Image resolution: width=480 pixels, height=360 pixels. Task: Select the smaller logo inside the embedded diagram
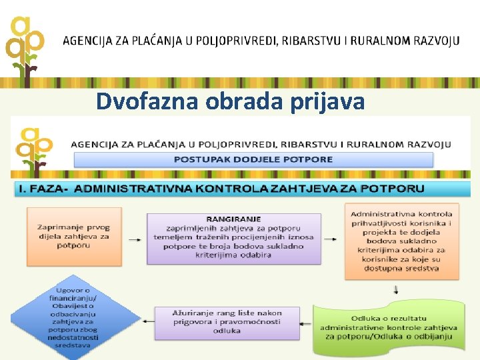pyautogui.click(x=36, y=152)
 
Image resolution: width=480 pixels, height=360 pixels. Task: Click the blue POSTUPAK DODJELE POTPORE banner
pyautogui.click(x=253, y=159)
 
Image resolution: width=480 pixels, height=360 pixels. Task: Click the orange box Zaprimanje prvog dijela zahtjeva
pyautogui.click(x=73, y=236)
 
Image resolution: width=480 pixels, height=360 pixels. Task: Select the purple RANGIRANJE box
pyautogui.click(x=233, y=237)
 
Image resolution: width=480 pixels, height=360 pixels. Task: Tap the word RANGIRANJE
pyautogui.click(x=233, y=219)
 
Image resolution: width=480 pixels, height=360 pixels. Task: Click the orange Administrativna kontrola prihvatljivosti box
pyautogui.click(x=401, y=241)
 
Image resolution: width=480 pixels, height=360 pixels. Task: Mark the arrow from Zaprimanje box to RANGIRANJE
pyautogui.click(x=133, y=238)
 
